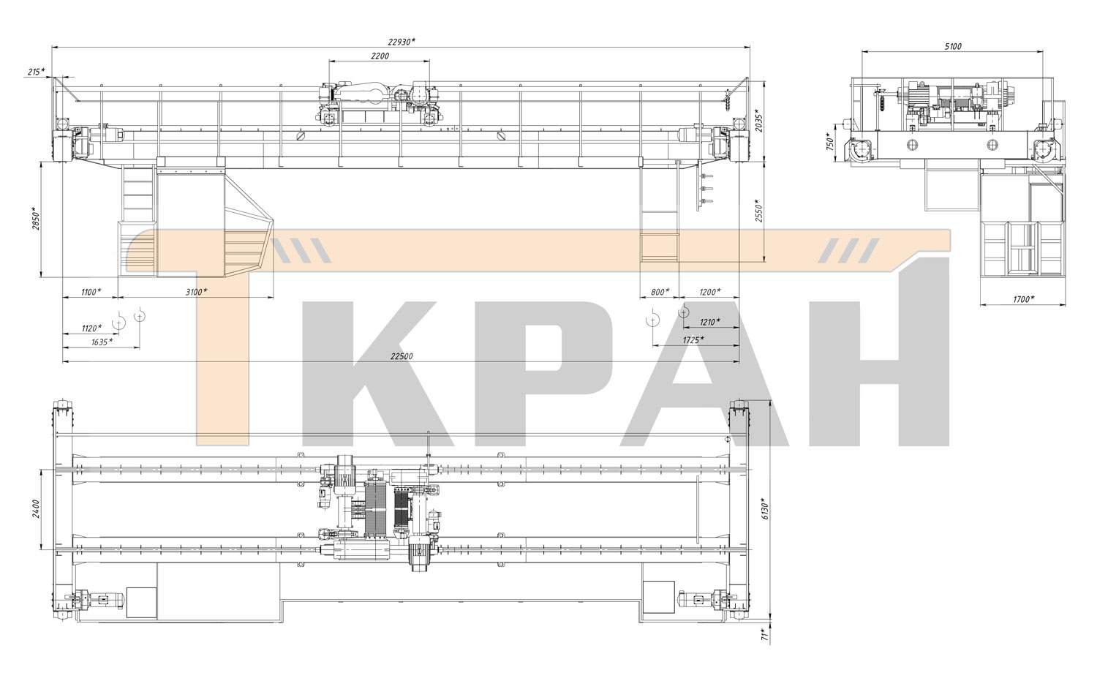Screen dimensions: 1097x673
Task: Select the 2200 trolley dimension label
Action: click(x=380, y=56)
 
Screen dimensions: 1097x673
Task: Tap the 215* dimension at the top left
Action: click(x=36, y=72)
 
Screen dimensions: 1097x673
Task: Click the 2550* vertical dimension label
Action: click(x=758, y=211)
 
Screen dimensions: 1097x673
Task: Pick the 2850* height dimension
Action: click(x=35, y=219)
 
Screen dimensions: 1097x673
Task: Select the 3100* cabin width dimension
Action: click(x=197, y=292)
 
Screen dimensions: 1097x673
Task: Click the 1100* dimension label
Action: click(x=91, y=292)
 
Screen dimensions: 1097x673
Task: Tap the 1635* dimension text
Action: click(x=102, y=342)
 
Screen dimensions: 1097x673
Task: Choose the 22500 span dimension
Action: click(x=402, y=356)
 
